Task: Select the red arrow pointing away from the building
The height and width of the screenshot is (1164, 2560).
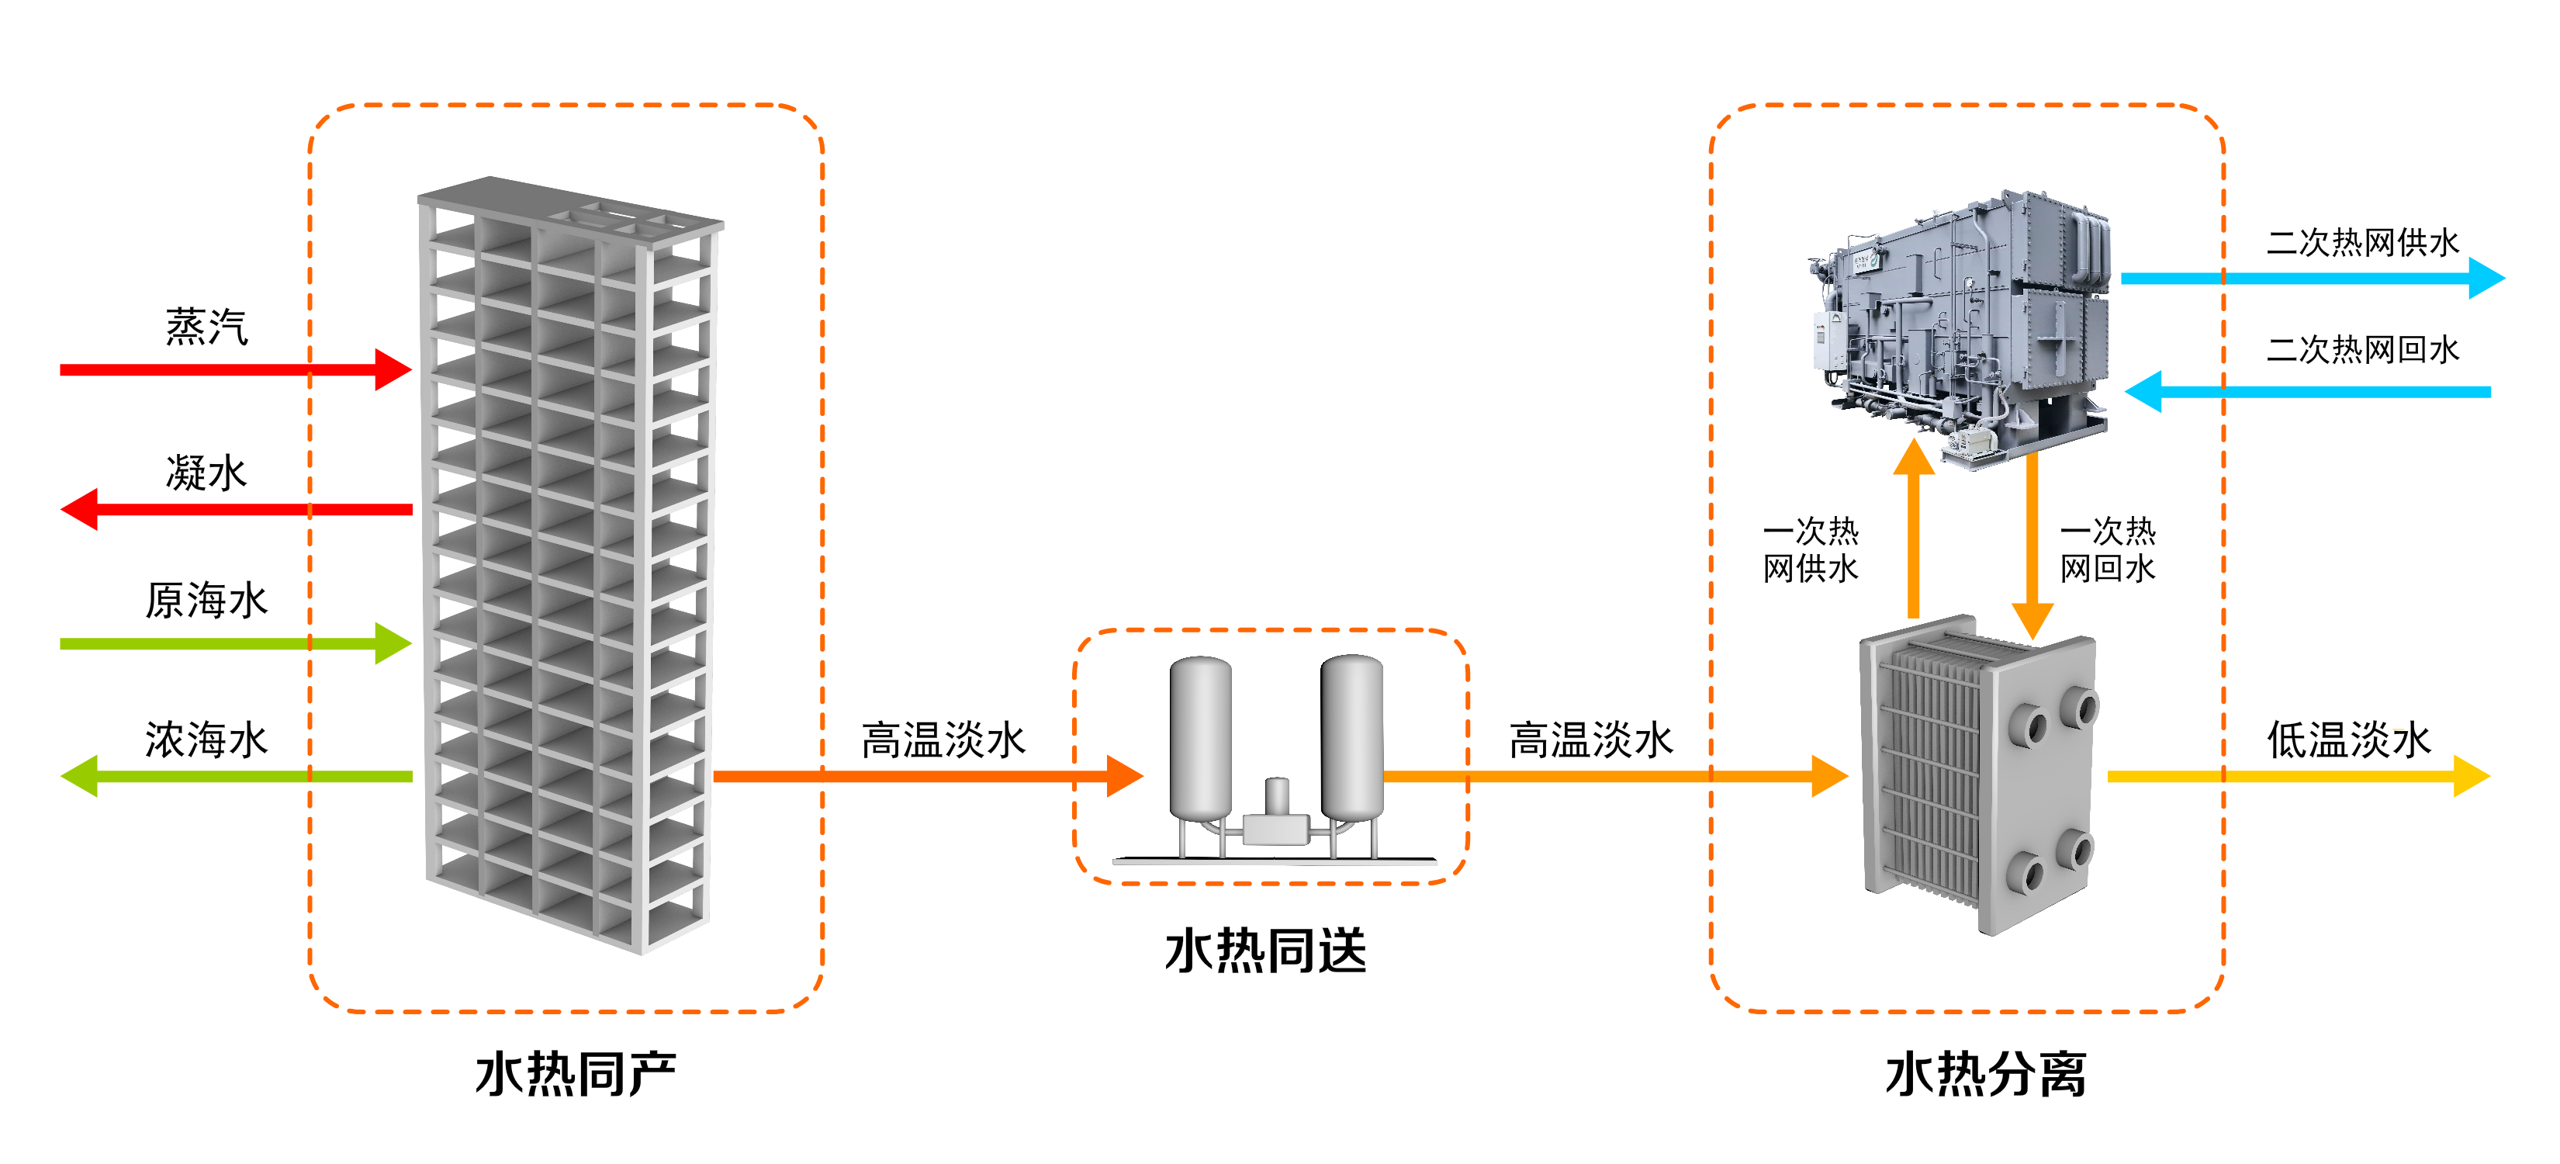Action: [238, 509]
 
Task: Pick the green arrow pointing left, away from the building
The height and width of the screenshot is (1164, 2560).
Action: [238, 776]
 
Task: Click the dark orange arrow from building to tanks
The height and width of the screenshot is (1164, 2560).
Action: [924, 776]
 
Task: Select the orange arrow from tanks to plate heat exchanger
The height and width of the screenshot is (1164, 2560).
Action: [1610, 776]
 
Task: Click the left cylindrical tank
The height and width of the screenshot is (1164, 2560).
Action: [1201, 736]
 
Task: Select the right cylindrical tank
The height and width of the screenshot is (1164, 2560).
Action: [1353, 736]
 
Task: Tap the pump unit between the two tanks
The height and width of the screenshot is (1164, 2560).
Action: [1276, 820]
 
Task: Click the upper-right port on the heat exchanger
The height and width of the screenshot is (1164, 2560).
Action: [2079, 708]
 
